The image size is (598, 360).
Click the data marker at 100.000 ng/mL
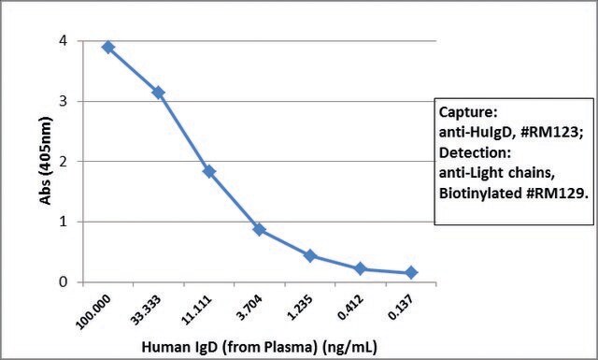[x=108, y=48]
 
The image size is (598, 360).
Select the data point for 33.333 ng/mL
[x=158, y=93]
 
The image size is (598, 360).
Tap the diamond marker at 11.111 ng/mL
[x=209, y=171]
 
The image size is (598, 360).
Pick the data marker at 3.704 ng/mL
[x=260, y=229]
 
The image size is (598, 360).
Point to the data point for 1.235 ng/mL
[x=310, y=255]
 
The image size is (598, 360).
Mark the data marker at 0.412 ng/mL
[x=361, y=268]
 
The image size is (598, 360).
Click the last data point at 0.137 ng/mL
[x=411, y=273]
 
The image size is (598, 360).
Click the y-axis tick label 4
[x=64, y=40]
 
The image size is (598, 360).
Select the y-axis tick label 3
[x=64, y=101]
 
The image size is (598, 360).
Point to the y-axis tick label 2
[x=64, y=162]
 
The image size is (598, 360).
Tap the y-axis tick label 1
[x=64, y=222]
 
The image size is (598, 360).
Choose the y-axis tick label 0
[x=64, y=282]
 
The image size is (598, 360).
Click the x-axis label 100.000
[x=93, y=311]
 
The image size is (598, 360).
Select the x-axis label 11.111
[x=196, y=311]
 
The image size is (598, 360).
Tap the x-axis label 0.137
[x=402, y=308]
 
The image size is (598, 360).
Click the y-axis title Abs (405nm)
[x=46, y=161]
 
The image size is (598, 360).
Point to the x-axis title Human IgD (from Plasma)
[x=230, y=348]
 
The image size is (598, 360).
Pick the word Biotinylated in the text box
[x=480, y=194]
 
